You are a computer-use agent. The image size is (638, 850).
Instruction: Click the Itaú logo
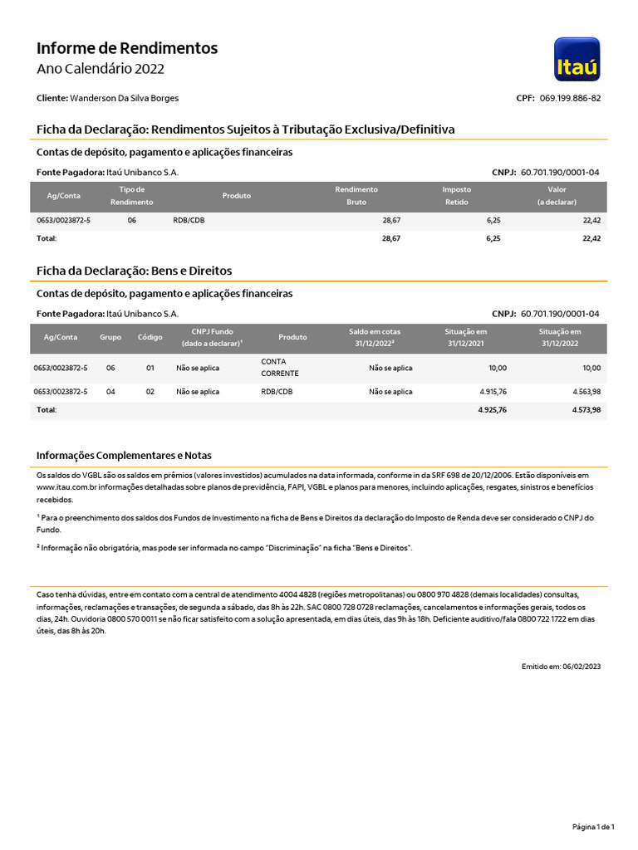[577, 59]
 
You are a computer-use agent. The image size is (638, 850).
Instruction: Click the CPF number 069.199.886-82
[570, 98]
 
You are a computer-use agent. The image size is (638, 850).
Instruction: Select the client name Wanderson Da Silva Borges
[124, 98]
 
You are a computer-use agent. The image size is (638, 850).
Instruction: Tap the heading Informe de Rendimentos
[127, 48]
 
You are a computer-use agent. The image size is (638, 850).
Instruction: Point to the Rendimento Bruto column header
[356, 196]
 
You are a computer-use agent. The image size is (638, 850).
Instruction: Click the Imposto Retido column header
[456, 196]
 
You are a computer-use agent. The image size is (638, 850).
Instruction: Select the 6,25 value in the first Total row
[493, 238]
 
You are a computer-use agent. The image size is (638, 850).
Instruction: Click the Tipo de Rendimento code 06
[132, 221]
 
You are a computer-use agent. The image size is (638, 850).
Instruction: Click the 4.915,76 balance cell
[493, 392]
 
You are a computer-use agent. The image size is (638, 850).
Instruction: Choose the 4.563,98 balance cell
[586, 392]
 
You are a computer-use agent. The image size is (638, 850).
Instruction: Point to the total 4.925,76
[493, 410]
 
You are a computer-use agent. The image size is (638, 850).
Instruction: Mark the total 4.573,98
[586, 410]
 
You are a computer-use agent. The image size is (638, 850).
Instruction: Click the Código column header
[150, 337]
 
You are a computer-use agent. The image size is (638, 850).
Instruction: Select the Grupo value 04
[110, 392]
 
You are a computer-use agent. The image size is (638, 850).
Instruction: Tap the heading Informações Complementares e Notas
[124, 456]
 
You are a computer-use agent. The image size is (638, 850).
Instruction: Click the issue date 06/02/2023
[582, 667]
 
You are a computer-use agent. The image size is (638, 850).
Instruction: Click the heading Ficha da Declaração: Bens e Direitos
[134, 271]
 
